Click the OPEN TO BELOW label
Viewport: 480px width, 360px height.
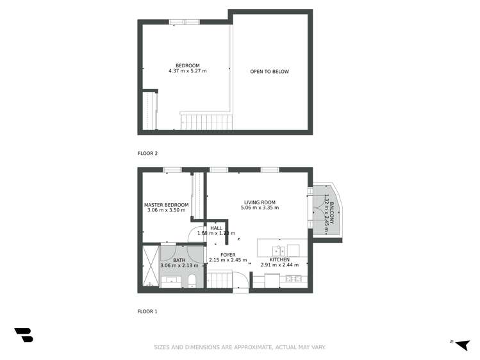pos(269,72)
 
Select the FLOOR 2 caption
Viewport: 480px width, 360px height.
pos(147,153)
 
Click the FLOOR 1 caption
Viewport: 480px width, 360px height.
pos(147,311)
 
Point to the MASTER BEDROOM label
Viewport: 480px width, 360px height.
pos(166,205)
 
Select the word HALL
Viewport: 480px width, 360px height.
pos(216,228)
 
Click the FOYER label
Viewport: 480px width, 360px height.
pos(228,255)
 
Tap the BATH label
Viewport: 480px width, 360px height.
pos(179,260)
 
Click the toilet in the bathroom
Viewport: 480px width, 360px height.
pos(192,280)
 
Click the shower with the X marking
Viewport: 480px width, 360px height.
pos(150,266)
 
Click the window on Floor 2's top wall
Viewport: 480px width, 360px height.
pos(185,22)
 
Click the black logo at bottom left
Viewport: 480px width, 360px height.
pos(23,334)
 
